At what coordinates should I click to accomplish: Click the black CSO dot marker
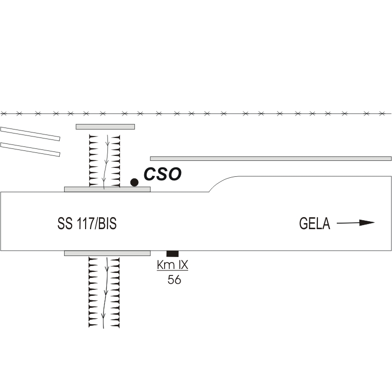click(134, 182)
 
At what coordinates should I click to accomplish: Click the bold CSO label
click(162, 174)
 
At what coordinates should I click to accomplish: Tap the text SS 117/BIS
click(87, 224)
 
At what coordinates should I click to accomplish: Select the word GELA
click(314, 224)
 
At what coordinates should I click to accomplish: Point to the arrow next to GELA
click(355, 223)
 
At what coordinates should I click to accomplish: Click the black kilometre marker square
click(172, 254)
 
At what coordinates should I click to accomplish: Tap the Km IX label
click(172, 265)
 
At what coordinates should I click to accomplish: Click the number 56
click(174, 280)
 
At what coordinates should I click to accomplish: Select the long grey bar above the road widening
click(271, 158)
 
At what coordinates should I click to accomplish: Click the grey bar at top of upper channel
click(105, 127)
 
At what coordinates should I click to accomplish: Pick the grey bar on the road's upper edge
click(107, 189)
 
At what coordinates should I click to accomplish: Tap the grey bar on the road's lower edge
click(107, 253)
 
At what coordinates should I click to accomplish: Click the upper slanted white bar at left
click(30, 133)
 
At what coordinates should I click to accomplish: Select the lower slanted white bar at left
click(30, 149)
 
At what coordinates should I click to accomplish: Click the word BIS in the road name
click(106, 224)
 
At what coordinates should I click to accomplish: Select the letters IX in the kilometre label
click(182, 265)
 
